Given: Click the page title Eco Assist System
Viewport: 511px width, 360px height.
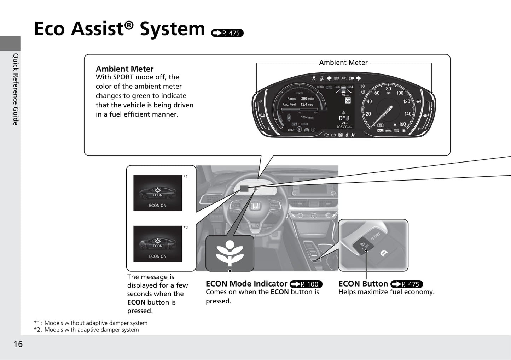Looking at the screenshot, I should [119, 29].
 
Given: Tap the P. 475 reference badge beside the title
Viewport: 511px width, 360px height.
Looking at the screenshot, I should [227, 33].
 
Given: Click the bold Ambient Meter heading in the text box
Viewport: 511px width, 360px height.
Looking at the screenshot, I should [124, 69].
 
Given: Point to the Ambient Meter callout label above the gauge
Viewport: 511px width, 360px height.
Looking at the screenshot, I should [343, 63].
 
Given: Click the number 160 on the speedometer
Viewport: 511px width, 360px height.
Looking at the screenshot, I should [402, 124].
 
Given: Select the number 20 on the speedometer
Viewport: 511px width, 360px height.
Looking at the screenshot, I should [368, 114].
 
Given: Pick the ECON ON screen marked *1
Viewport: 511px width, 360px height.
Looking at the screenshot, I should [157, 193].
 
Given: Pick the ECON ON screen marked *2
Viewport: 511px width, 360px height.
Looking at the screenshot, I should [157, 244].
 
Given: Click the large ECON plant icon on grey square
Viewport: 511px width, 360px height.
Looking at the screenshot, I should [230, 253].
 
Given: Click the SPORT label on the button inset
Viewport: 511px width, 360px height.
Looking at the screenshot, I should [375, 236].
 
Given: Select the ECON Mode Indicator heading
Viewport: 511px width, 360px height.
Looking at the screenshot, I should [246, 284].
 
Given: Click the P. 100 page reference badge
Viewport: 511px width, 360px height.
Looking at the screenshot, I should [306, 284].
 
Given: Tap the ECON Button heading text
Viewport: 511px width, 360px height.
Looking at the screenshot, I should [363, 284].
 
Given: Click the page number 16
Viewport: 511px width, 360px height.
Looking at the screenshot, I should [18, 344].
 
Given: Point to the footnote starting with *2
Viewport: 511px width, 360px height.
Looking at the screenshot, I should [86, 330].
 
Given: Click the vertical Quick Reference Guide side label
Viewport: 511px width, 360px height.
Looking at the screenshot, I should [16, 89].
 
